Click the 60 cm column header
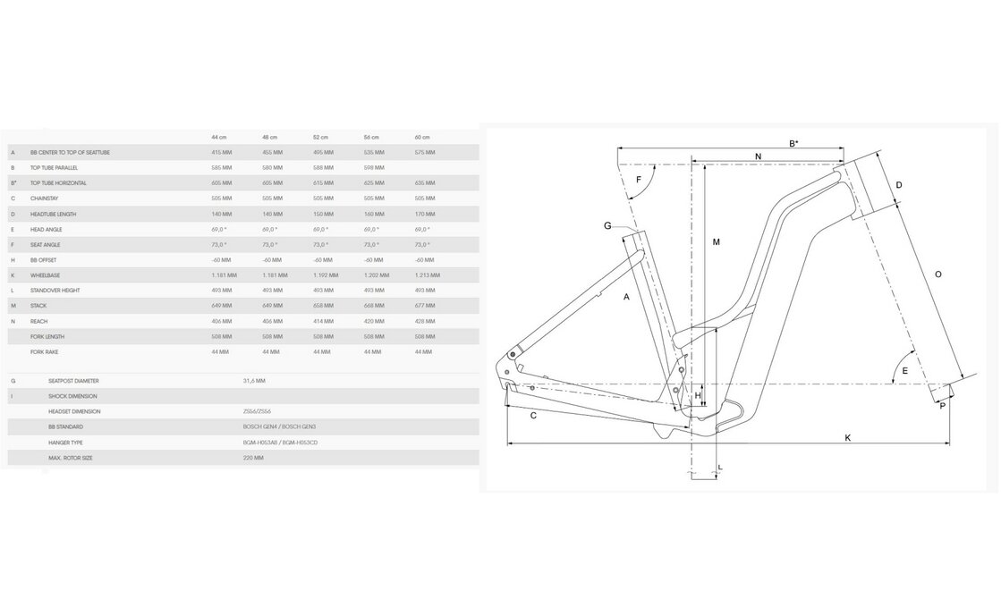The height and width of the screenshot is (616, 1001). [x=422, y=137]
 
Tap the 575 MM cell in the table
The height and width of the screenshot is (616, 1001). [x=425, y=153]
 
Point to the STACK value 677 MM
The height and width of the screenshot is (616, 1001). [x=425, y=306]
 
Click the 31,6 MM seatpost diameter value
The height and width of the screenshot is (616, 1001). [x=254, y=381]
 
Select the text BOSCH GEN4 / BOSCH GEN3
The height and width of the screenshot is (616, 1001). [x=266, y=427]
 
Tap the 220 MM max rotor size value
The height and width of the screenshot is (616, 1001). [x=253, y=458]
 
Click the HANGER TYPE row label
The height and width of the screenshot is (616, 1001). [x=65, y=443]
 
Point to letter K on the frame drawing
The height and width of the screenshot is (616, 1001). [x=847, y=436]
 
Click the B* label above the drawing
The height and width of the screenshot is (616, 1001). [x=793, y=143]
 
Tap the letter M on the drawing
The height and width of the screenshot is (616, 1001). [x=717, y=242]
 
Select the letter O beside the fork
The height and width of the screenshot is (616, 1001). [x=937, y=274]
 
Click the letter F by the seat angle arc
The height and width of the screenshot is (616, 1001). [x=639, y=180]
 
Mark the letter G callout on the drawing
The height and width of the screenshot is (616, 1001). [x=607, y=226]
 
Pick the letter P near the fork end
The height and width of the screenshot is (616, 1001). [x=942, y=406]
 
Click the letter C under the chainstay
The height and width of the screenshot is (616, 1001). [x=533, y=416]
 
